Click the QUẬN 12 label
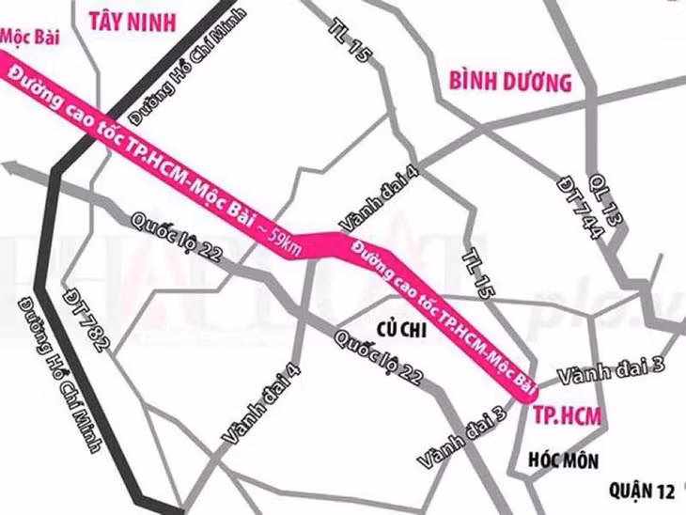point(642,490)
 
